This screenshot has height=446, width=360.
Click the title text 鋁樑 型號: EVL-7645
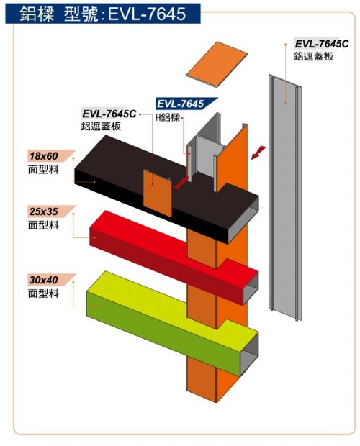coord(103,14)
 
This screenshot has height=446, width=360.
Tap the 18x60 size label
coord(43,156)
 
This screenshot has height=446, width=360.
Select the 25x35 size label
coord(43,211)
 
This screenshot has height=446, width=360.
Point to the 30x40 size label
coord(43,280)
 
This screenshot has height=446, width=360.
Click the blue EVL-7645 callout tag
coord(181,104)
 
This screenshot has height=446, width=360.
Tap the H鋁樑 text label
coord(168,117)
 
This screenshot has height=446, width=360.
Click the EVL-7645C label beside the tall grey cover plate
coord(322,44)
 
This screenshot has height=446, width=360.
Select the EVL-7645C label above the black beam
coord(109,114)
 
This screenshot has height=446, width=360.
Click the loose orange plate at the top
coord(217,64)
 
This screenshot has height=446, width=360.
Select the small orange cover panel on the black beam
coord(158,193)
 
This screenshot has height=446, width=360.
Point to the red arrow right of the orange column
coord(258,153)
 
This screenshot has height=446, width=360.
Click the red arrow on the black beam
coord(181,183)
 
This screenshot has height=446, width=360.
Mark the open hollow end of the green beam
coord(250,354)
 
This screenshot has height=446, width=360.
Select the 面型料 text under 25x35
coord(43,225)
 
